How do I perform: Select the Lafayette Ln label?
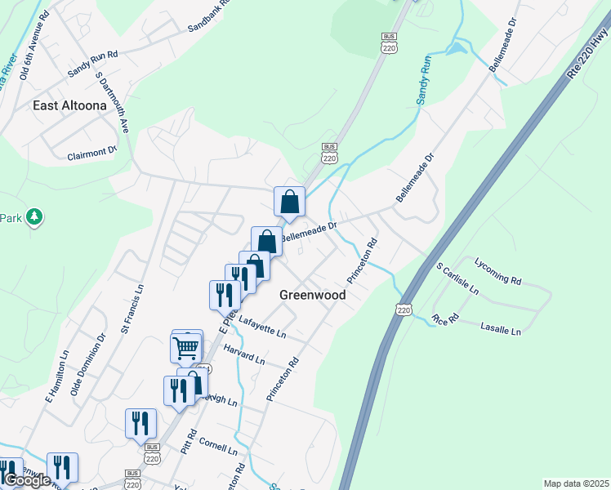coord(261,327)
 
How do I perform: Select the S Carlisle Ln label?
coord(457,278)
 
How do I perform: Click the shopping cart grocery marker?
coord(186,348)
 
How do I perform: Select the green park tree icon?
coord(34,217)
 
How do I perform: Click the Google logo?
coord(27,480)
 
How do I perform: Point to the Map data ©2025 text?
coord(575,483)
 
